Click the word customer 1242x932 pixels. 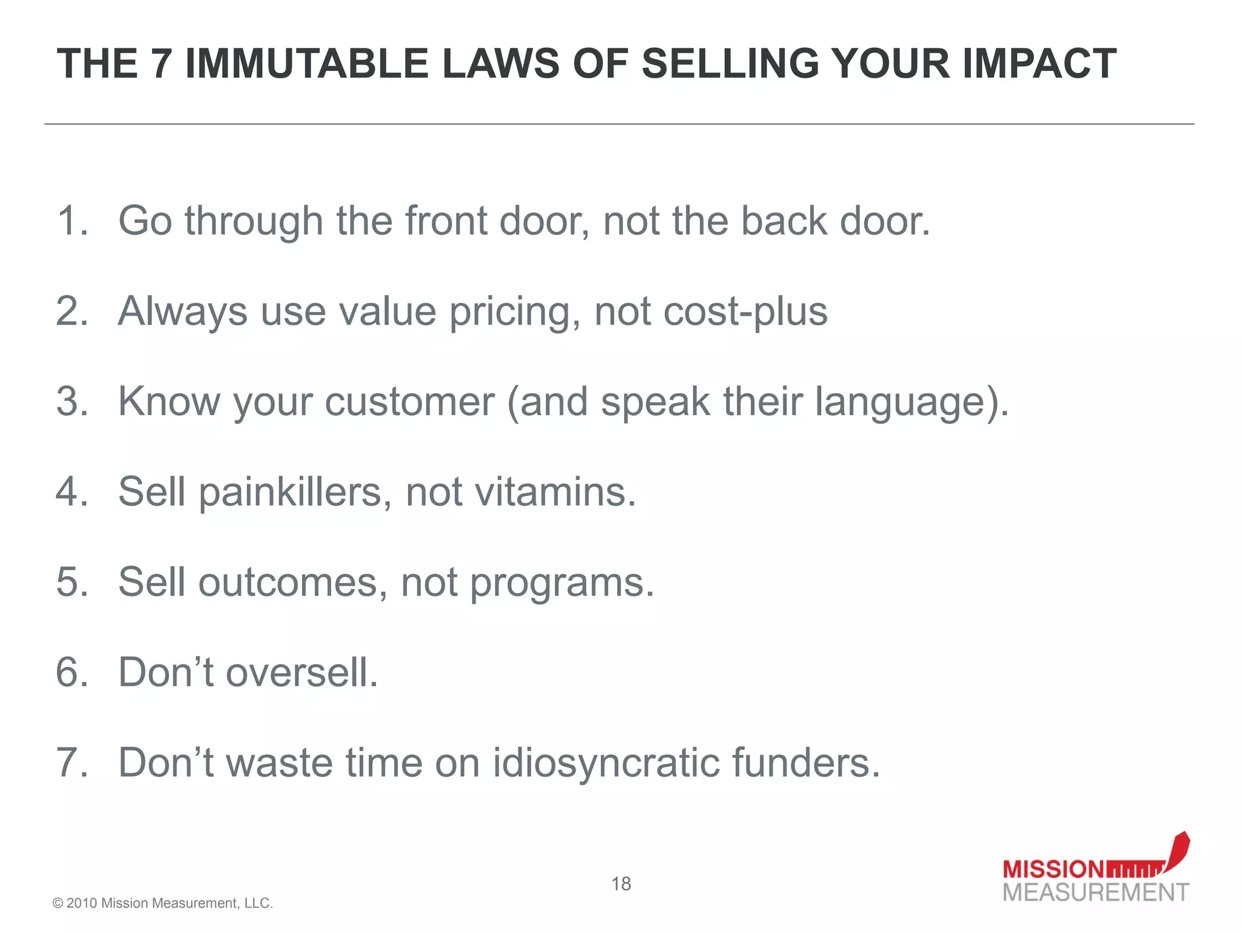[409, 402]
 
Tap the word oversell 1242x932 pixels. [301, 672]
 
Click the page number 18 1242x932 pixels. [621, 884]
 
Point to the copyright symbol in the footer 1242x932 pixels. [58, 903]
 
